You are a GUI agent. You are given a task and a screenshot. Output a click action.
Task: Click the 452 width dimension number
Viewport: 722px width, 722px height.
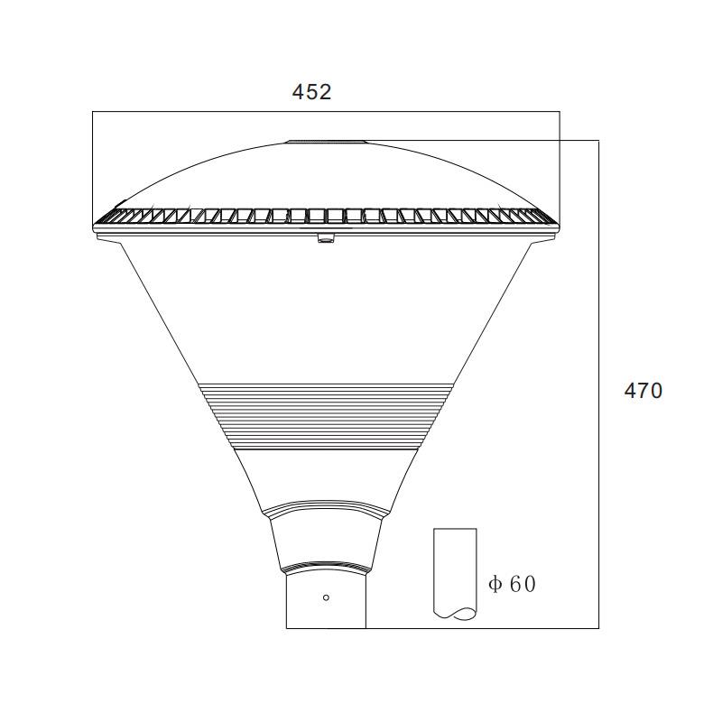[x=311, y=92]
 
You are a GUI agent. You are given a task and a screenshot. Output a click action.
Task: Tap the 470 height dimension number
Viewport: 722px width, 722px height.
[x=643, y=391]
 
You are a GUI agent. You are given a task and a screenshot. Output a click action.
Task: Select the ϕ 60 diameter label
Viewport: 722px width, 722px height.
[x=512, y=584]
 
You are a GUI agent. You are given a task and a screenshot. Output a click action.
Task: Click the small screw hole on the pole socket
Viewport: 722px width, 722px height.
[x=326, y=597]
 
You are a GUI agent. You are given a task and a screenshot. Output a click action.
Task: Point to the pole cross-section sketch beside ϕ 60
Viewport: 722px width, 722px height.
[x=455, y=574]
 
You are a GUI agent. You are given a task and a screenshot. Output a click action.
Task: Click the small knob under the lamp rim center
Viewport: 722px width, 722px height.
[x=326, y=238]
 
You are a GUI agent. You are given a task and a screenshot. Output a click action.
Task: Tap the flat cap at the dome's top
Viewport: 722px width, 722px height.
[x=327, y=142]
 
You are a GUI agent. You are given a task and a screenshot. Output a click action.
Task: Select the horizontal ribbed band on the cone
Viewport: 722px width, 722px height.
[x=327, y=416]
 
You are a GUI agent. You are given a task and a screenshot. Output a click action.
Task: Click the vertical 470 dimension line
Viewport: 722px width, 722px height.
[x=598, y=384]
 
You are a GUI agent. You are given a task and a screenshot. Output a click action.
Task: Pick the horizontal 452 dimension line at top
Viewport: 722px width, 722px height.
[x=326, y=111]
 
